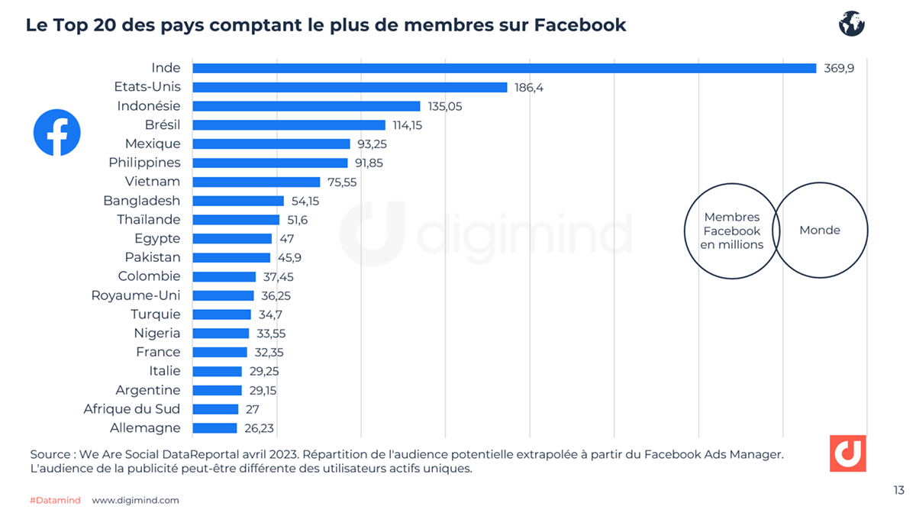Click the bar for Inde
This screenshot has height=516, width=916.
point(504,68)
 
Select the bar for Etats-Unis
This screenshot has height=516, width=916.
point(350,87)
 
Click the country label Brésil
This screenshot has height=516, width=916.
point(163,124)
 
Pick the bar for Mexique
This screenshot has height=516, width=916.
point(271,144)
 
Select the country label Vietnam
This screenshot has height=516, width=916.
point(153,182)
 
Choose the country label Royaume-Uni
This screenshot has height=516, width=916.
point(136,295)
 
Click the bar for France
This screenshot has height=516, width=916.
point(220,352)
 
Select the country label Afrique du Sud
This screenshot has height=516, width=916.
point(132,409)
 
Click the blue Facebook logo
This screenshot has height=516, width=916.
point(57,133)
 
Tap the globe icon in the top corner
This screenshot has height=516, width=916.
point(851,24)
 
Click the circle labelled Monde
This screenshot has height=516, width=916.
point(821,230)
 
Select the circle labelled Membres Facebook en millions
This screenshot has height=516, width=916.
point(731,231)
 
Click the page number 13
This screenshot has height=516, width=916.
point(898,490)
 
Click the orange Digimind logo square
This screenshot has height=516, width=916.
point(847,453)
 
